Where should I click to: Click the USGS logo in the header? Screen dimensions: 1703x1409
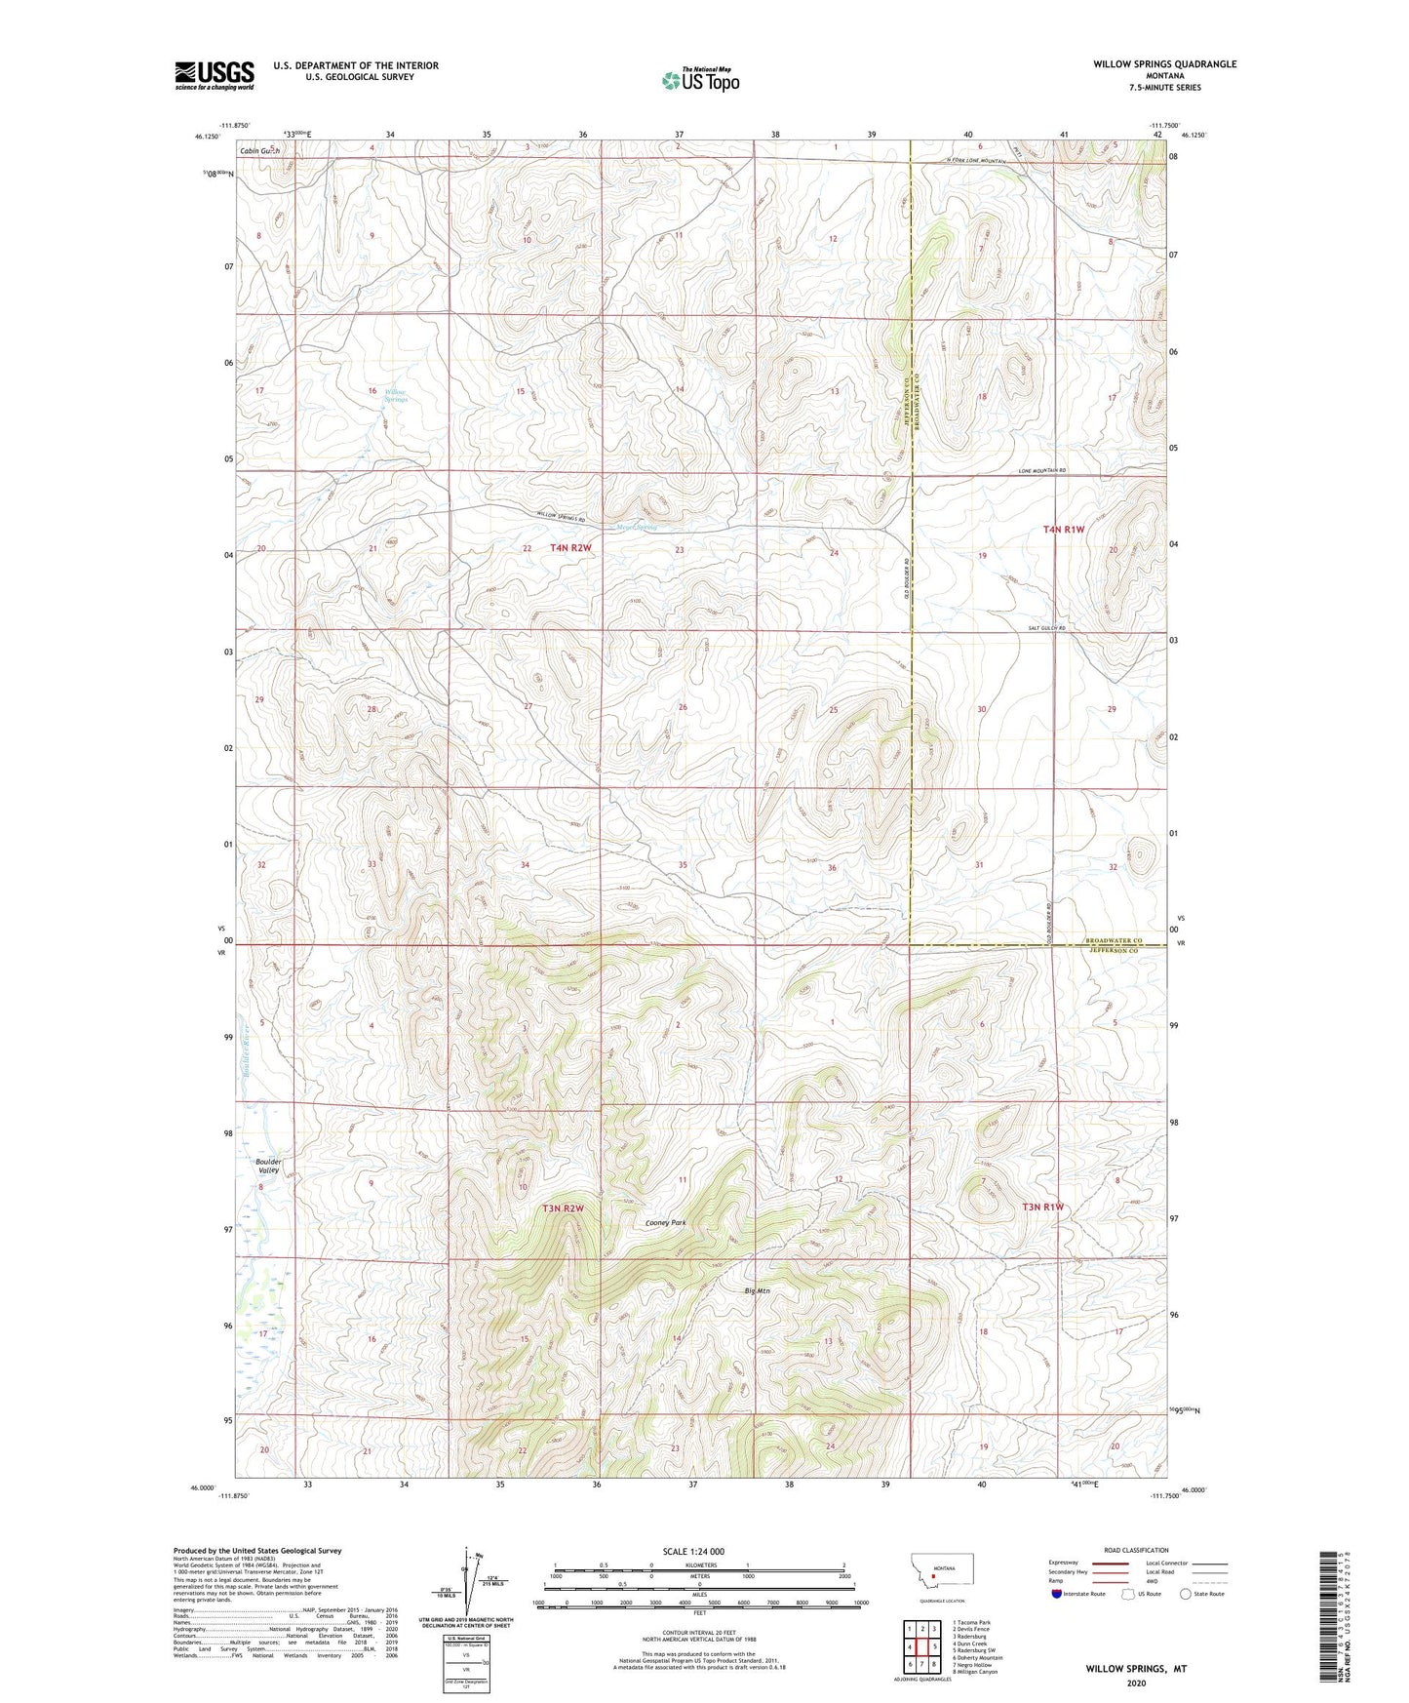[215, 74]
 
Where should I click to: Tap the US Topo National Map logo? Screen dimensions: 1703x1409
[700, 79]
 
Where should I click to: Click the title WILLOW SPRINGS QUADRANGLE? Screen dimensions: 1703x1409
[1164, 64]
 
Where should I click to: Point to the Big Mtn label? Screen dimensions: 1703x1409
[757, 1290]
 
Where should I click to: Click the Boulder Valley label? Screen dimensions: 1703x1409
[268, 1166]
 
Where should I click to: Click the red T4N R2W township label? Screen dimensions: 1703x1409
[570, 548]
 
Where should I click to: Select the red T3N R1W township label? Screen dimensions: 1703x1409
[1042, 1207]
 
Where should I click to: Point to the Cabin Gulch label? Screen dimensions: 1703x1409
[260, 152]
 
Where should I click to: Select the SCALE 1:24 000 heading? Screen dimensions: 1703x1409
[693, 1552]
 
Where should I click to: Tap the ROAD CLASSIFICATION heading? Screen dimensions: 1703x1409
[1136, 1550]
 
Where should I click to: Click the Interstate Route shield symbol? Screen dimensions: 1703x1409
[1057, 1594]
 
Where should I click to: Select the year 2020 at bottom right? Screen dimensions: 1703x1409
[1136, 1683]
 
